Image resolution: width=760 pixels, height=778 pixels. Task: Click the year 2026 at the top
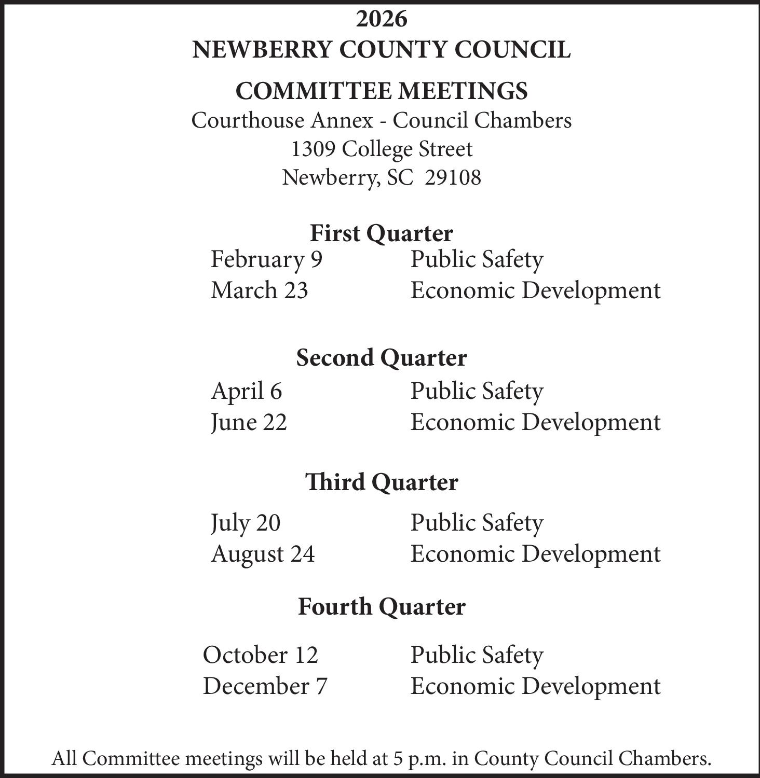tap(382, 19)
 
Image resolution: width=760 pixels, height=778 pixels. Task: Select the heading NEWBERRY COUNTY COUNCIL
tap(382, 50)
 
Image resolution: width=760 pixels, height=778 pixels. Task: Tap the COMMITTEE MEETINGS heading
tap(382, 91)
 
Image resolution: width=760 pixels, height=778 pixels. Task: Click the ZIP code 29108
tap(453, 178)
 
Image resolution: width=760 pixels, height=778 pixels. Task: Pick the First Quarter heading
tap(382, 233)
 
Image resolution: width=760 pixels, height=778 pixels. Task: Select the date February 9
tap(266, 259)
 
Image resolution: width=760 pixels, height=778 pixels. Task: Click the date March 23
tap(259, 290)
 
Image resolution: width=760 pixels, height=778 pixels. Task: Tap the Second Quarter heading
tap(382, 358)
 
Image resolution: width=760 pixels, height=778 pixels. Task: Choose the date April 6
tap(246, 391)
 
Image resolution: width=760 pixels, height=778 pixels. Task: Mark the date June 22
tap(249, 422)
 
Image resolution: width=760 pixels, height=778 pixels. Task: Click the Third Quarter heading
tap(382, 482)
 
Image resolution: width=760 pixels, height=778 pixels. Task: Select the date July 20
tap(246, 523)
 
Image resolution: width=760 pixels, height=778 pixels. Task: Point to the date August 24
tap(263, 554)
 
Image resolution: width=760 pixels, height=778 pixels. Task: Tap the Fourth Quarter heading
tap(382, 607)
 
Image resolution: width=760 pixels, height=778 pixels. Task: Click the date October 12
tap(260, 655)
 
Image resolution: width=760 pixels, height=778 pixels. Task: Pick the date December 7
tap(265, 686)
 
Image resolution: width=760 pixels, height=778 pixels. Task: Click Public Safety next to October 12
tap(477, 655)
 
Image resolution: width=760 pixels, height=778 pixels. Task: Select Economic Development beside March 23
tap(535, 290)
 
